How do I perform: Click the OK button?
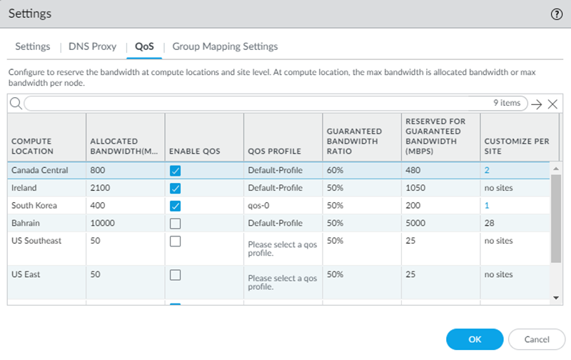[474, 339]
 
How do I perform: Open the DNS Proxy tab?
[92, 46]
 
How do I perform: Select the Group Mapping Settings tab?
[225, 46]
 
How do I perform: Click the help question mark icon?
[557, 14]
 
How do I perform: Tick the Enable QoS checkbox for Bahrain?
[176, 224]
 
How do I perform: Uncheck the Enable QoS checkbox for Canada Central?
[176, 171]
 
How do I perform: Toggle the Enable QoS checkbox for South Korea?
[176, 206]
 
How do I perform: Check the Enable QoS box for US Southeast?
[176, 241]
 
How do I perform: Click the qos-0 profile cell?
[258, 206]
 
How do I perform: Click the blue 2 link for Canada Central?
[487, 171]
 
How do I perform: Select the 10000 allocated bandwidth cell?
[104, 224]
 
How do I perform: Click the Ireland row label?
[26, 188]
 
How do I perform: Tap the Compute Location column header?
[32, 146]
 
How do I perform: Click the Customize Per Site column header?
[516, 146]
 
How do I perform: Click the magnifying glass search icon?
[16, 104]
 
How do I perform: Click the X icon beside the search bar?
[552, 104]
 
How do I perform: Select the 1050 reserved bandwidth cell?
[416, 188]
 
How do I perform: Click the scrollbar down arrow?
[556, 297]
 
